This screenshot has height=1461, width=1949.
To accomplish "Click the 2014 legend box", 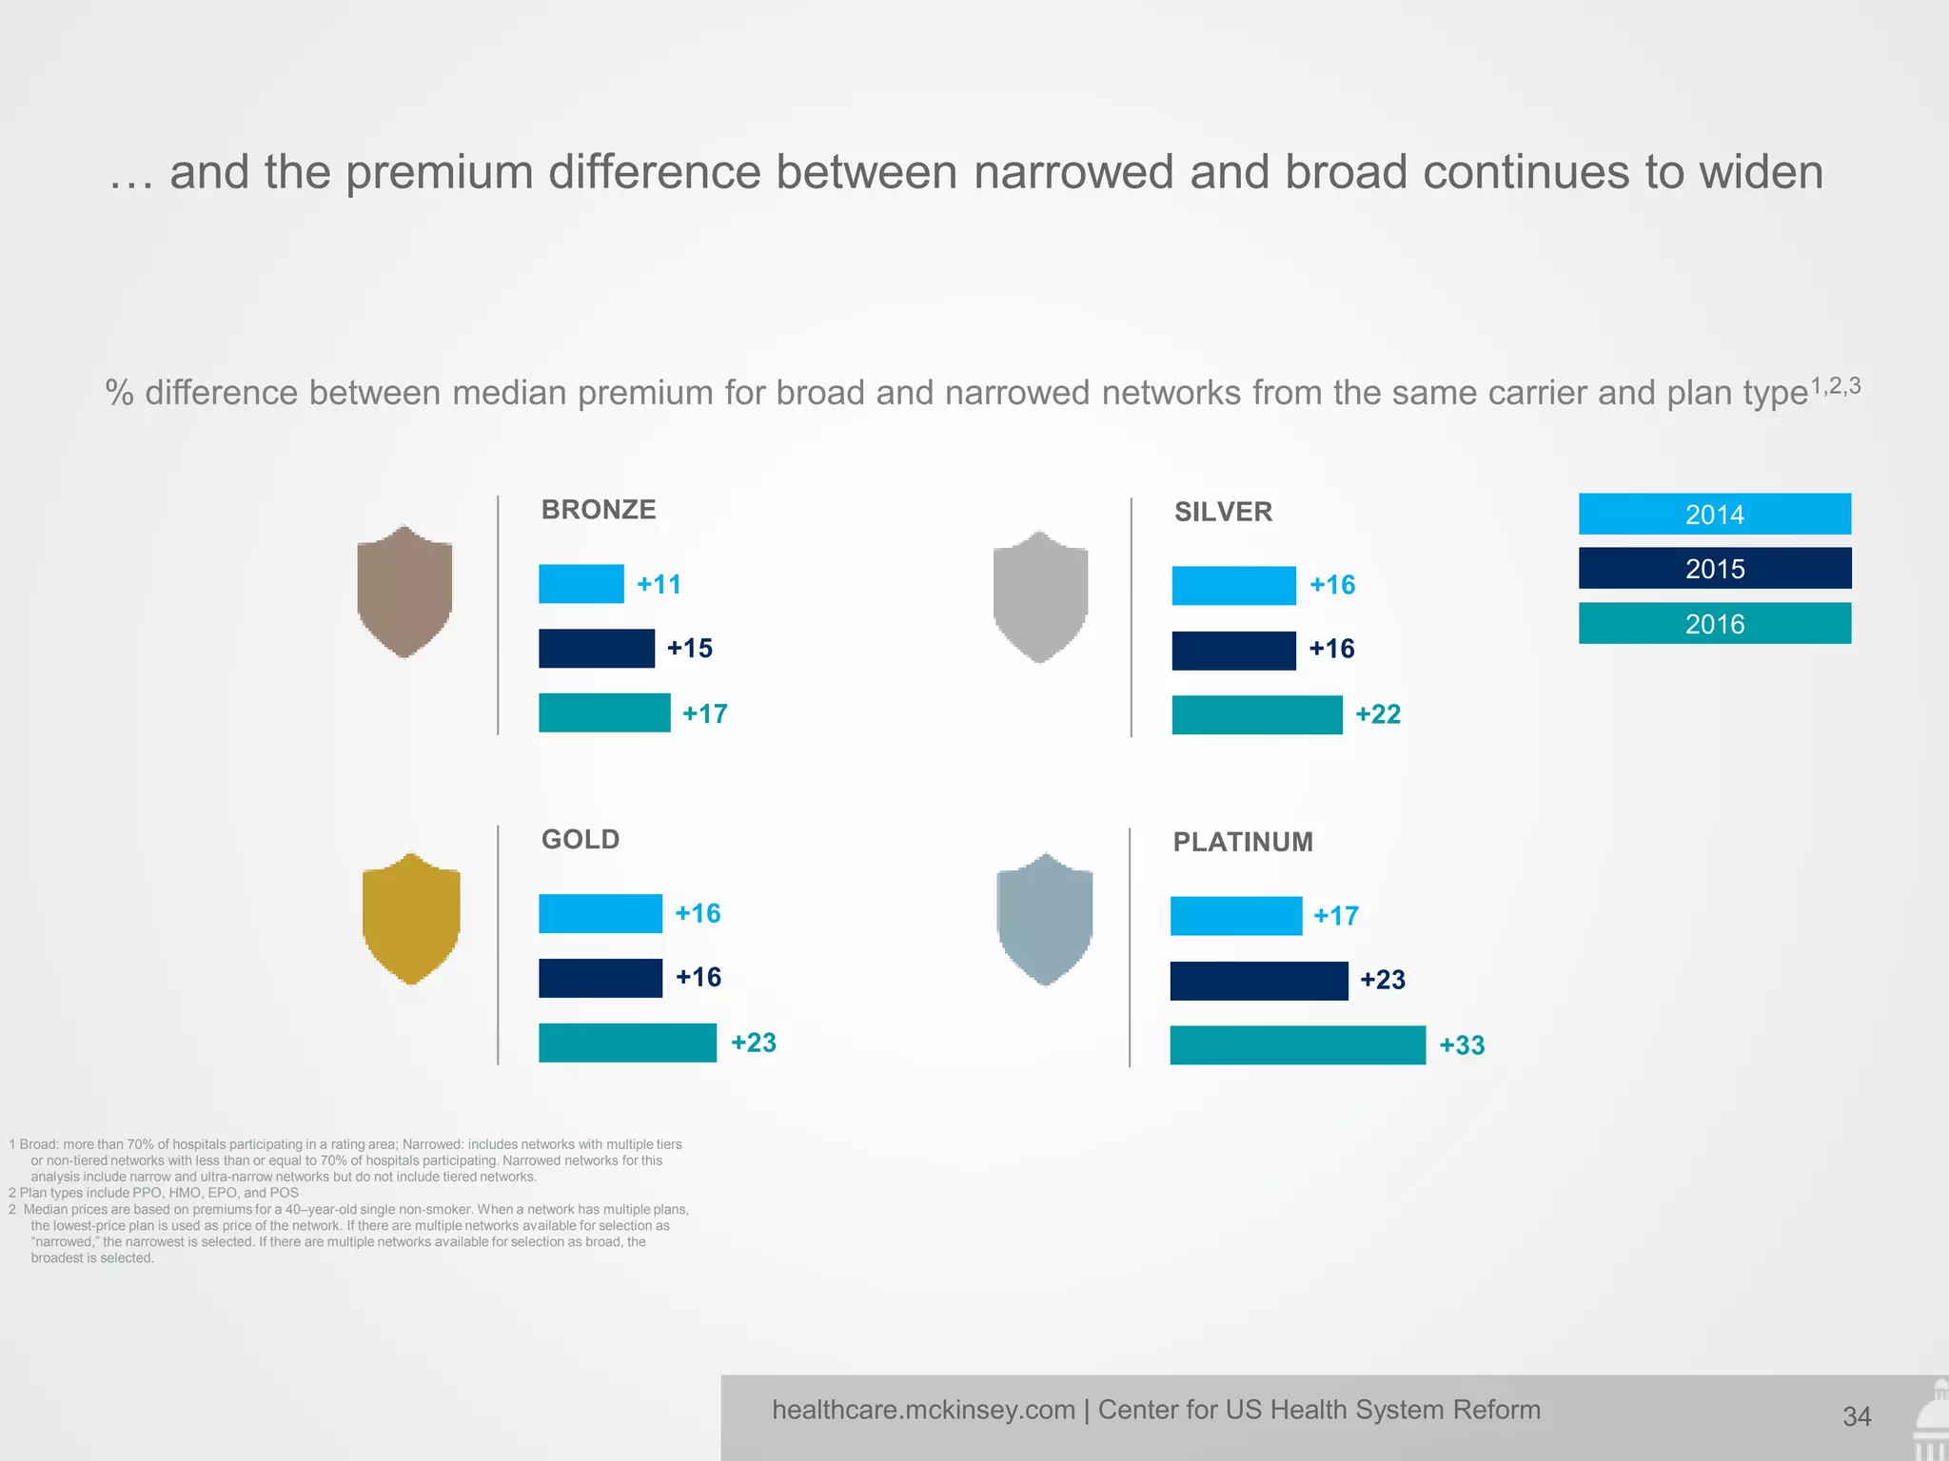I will click(x=1714, y=514).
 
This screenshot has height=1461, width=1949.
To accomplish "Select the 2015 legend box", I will click(x=1714, y=568).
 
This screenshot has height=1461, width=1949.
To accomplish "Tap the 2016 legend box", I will click(x=1714, y=623).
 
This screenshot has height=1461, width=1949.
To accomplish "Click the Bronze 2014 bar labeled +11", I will click(x=581, y=584).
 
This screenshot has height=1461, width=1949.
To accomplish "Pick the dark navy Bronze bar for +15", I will click(x=596, y=648).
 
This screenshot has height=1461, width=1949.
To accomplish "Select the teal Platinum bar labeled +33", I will click(x=1297, y=1044).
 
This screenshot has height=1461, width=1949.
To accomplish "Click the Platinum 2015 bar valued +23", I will click(x=1258, y=981).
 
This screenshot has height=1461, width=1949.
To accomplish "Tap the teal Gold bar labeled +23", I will click(x=627, y=1042).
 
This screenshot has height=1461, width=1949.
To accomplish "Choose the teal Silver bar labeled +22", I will click(x=1256, y=714).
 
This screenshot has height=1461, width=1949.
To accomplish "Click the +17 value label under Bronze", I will click(x=704, y=713).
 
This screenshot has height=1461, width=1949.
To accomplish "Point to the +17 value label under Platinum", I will click(x=1335, y=916).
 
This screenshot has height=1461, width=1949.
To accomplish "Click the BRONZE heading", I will click(x=598, y=510).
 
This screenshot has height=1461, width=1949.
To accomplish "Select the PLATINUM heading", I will click(x=1242, y=842).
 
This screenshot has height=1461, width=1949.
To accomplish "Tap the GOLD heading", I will click(x=580, y=839).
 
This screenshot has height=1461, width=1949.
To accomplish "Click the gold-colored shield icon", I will click(x=411, y=918).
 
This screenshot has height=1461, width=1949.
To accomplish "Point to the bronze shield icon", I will click(x=404, y=592).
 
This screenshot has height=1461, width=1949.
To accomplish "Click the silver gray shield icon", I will click(x=1039, y=596).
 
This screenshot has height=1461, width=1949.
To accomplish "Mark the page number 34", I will click(x=1856, y=1416).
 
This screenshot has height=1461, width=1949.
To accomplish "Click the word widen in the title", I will click(x=1762, y=172).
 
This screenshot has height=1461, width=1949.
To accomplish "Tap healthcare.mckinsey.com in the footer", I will click(x=922, y=1410).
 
